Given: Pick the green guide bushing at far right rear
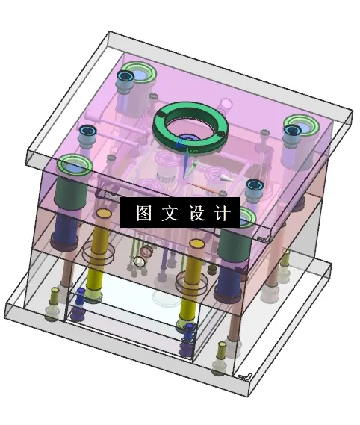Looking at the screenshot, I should [300, 124].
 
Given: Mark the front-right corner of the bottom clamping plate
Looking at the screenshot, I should [249, 379].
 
